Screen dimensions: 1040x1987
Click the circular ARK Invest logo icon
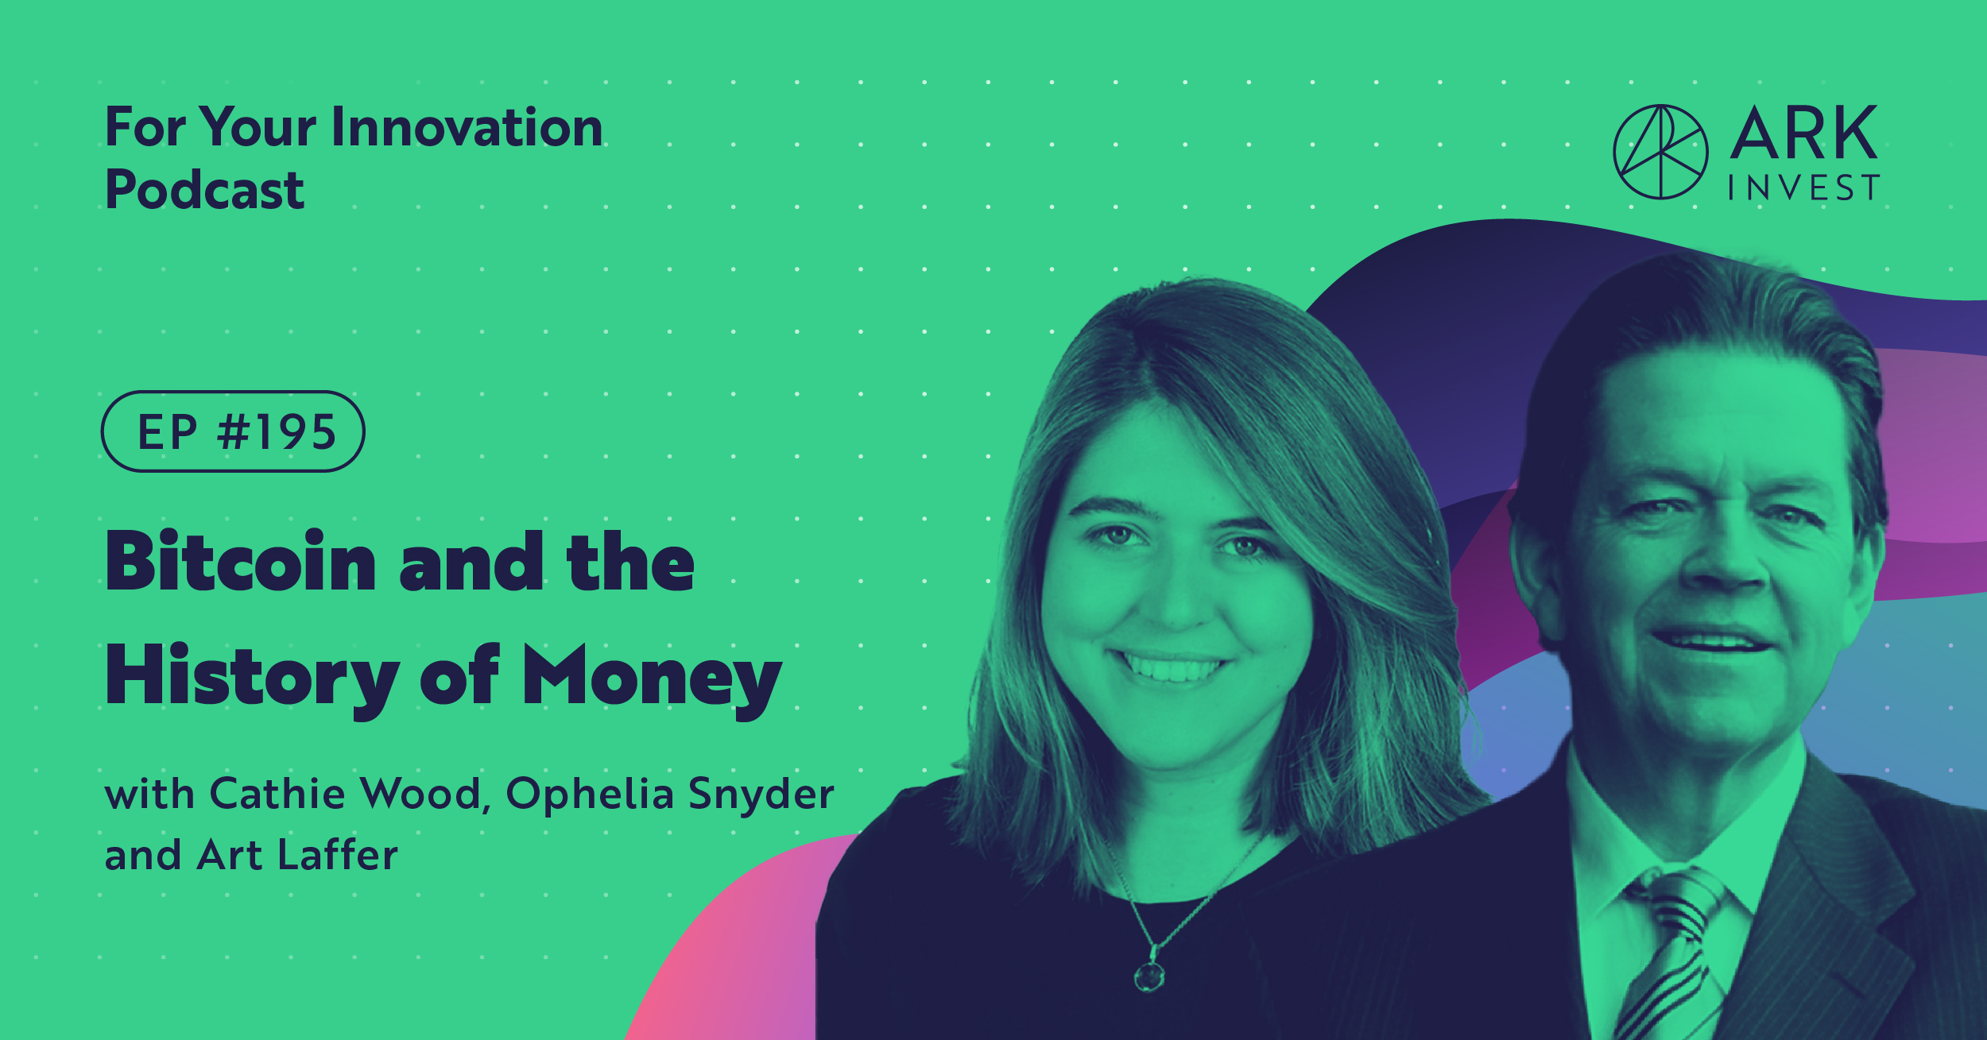tap(1660, 152)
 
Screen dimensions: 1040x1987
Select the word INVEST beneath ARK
tap(1803, 188)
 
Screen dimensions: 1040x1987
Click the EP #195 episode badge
tap(233, 431)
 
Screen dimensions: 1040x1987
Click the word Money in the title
tap(652, 677)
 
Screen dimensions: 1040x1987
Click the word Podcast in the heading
tap(204, 190)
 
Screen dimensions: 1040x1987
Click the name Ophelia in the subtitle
tap(590, 794)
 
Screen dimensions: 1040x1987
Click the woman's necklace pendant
tap(1149, 975)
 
